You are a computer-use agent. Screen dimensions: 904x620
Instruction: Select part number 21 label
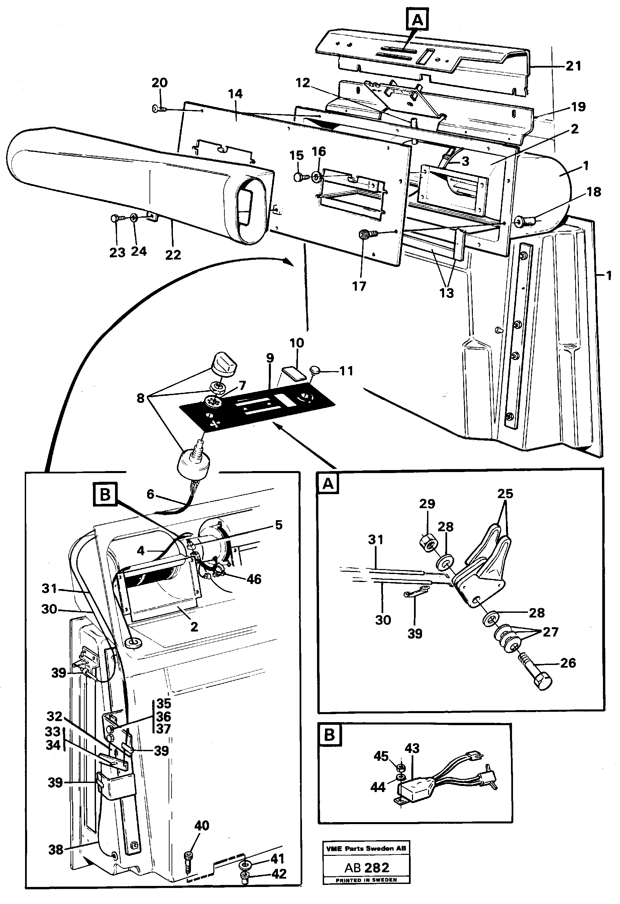[x=573, y=66]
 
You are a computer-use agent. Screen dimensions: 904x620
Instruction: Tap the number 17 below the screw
[x=359, y=286]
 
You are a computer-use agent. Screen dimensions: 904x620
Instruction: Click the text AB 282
[x=367, y=868]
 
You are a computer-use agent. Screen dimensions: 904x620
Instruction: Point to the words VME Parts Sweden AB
[x=366, y=849]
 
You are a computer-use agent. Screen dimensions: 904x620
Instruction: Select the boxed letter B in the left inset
[x=105, y=495]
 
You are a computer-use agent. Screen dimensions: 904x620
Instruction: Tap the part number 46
[x=254, y=579]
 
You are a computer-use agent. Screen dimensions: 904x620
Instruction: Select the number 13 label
[x=446, y=293]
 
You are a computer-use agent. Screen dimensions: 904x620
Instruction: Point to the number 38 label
[x=56, y=850]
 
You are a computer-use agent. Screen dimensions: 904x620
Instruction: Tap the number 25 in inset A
[x=505, y=494]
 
